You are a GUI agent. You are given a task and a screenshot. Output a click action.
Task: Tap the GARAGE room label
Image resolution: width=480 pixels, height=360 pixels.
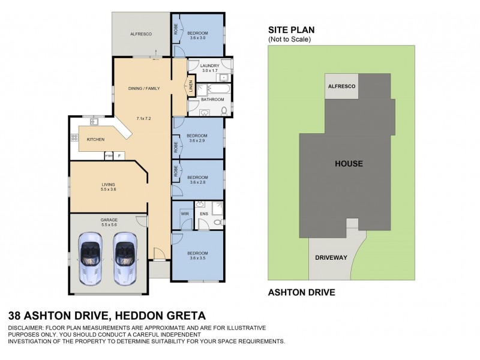click(x=109, y=220)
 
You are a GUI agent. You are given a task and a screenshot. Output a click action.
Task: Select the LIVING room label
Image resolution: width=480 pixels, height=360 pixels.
click(x=108, y=184)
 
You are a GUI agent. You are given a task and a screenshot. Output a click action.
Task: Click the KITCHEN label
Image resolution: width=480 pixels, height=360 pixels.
click(x=95, y=140)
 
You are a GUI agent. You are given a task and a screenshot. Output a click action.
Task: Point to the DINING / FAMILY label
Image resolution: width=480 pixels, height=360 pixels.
click(x=143, y=89)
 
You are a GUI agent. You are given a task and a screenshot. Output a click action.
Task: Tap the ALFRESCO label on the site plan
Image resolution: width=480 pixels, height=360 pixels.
click(x=341, y=87)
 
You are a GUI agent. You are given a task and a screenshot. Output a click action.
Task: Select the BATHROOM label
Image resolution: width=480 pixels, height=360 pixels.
click(x=212, y=100)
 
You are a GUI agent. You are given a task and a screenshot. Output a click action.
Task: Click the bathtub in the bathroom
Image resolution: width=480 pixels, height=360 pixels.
click(x=215, y=90)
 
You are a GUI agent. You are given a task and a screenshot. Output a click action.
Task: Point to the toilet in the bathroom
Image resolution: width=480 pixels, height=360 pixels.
click(x=224, y=110)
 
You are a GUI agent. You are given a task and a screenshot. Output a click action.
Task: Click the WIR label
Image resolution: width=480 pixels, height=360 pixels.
click(x=185, y=212)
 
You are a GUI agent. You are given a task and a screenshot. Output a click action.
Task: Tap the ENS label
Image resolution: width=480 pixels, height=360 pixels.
click(x=204, y=212)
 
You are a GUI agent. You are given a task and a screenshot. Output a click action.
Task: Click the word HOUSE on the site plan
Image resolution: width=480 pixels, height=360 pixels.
click(x=349, y=163)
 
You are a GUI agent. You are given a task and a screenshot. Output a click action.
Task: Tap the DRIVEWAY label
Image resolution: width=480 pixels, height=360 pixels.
click(x=331, y=257)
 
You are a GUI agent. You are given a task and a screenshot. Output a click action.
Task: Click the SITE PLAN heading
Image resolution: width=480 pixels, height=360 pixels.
click(x=291, y=30)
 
